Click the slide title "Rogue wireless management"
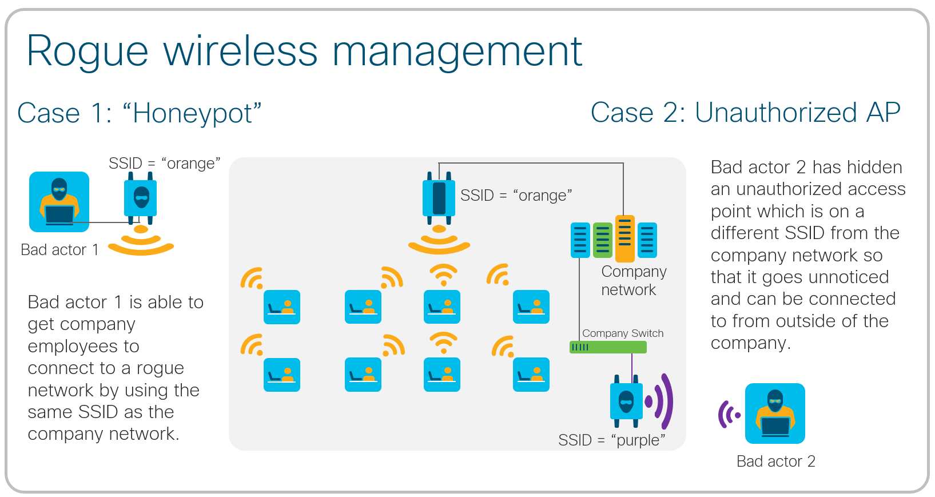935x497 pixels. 304,51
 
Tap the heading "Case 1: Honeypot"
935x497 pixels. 140,113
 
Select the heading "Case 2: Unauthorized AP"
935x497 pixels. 745,112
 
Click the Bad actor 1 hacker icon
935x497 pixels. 59,201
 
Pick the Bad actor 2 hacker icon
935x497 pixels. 775,413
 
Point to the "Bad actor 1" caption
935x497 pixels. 59,250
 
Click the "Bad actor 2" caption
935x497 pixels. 775,461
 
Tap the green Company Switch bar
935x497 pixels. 608,347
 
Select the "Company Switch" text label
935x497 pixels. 623,333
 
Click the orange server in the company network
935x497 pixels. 625,238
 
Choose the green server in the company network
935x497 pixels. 603,240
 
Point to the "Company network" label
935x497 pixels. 633,280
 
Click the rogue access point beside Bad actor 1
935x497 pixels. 141,200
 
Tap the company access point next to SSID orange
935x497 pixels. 439,198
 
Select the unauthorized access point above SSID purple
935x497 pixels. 626,401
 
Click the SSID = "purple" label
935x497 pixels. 611,440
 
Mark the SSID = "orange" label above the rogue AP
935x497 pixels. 164,164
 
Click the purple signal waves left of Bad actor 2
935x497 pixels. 729,414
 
